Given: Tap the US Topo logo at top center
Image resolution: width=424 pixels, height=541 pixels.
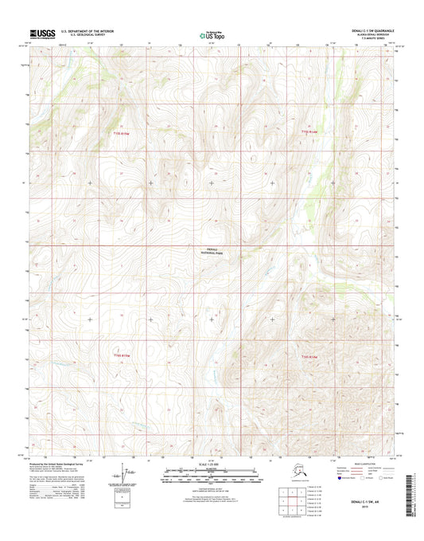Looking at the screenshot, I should (211, 34).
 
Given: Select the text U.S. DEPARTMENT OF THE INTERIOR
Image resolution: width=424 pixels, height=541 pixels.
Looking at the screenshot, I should (82, 30).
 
